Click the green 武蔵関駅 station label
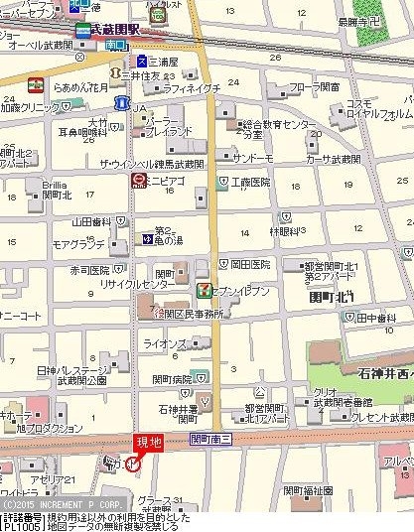109,31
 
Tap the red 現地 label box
148,440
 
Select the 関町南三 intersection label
211,438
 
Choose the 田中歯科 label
376,318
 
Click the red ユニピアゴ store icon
137,181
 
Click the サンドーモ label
254,157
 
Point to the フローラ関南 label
315,87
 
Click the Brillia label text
55,185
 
